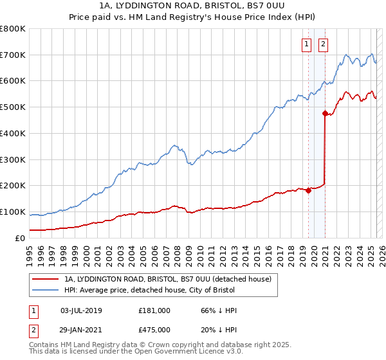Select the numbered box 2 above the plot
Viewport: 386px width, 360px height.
coord(322,44)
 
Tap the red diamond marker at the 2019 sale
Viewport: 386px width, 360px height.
coord(308,190)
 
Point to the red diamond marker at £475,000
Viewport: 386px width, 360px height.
coord(325,113)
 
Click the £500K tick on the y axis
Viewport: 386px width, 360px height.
coord(13,107)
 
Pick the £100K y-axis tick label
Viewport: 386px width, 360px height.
coord(13,212)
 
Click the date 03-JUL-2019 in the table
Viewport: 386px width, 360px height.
coord(81,310)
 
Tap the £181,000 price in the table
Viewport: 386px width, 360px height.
coord(154,310)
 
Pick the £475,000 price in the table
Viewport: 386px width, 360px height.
coord(154,330)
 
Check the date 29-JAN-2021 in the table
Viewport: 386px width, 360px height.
coord(81,330)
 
